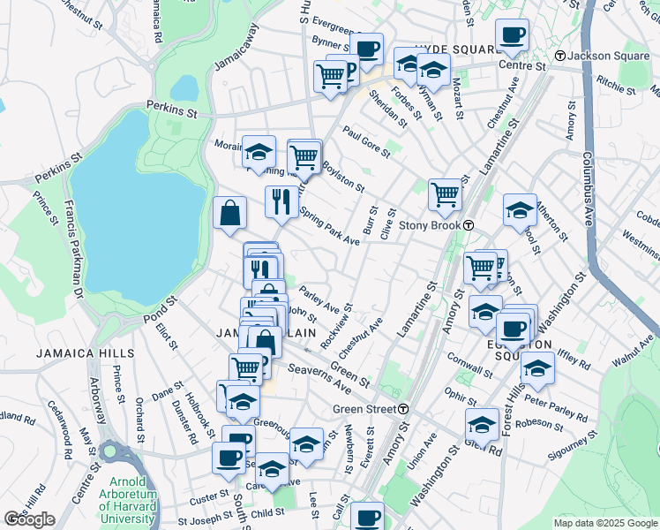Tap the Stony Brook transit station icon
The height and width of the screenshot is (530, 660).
[470, 225]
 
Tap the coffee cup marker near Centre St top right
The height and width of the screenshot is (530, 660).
[512, 35]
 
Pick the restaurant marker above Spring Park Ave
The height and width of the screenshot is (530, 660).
[281, 201]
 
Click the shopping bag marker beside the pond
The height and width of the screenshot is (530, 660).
[229, 213]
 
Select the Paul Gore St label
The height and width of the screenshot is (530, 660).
[366, 141]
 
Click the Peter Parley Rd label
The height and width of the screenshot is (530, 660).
[556, 406]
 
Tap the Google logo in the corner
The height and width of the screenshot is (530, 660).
[30, 519]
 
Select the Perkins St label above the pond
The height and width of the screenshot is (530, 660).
[172, 111]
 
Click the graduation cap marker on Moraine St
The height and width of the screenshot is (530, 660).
[259, 152]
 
